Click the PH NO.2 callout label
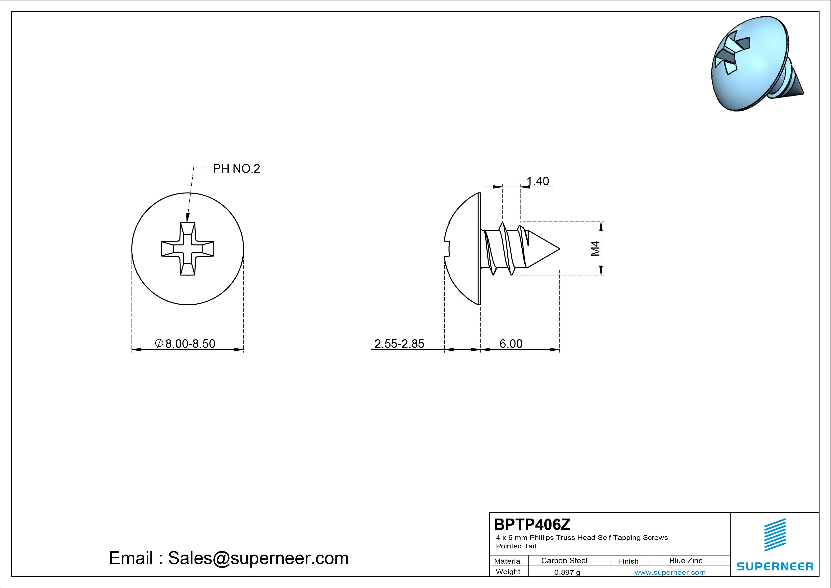click(236, 169)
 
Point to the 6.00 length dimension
click(511, 344)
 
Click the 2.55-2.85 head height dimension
click(399, 344)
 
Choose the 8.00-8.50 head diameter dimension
click(185, 344)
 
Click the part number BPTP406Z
click(532, 524)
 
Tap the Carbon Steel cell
click(564, 560)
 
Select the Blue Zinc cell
click(686, 560)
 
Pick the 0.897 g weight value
click(567, 572)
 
